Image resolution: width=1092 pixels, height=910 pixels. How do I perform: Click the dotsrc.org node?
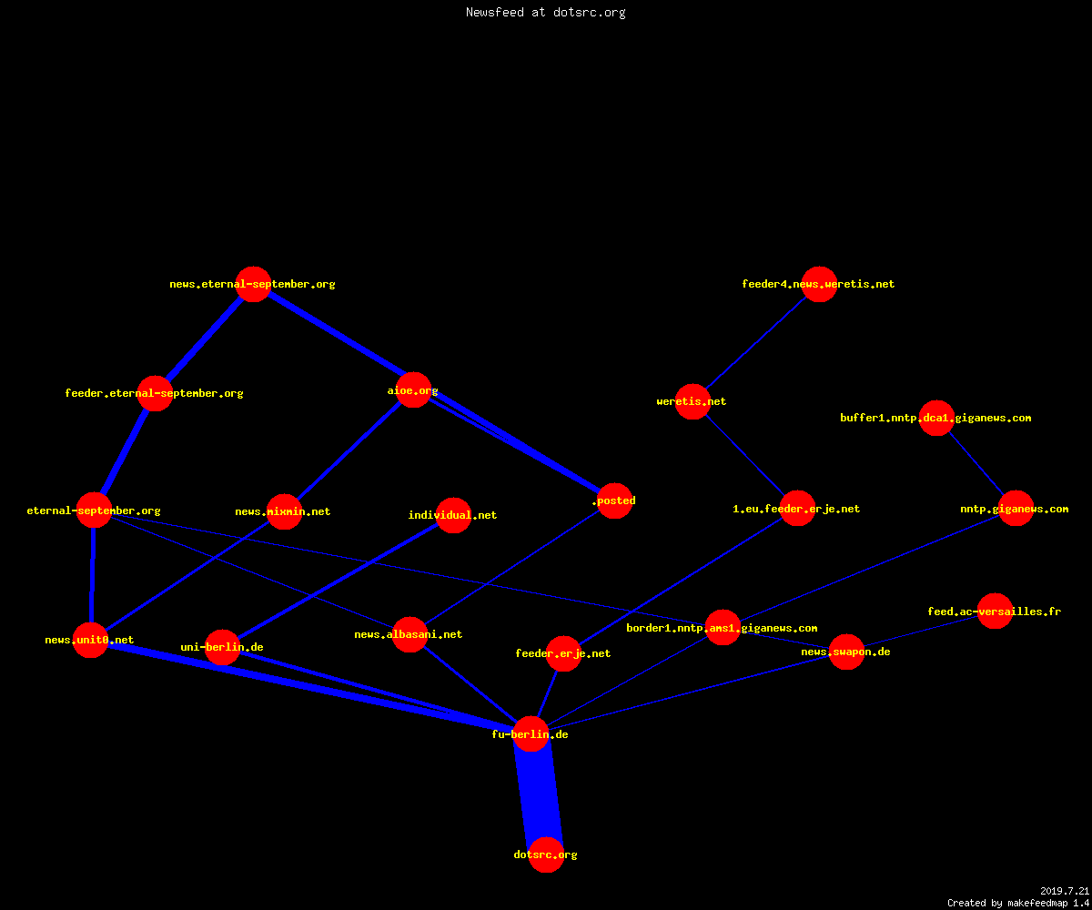click(546, 854)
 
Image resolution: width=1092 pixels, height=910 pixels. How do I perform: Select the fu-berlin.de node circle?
click(531, 733)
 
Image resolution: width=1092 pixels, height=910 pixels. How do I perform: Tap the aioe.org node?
click(413, 390)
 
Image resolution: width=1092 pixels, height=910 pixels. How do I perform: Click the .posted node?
click(614, 500)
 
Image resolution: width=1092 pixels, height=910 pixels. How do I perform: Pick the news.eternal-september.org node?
click(253, 284)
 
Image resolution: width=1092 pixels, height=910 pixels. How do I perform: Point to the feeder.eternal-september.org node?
click(155, 393)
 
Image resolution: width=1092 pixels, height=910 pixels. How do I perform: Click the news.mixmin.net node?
click(284, 511)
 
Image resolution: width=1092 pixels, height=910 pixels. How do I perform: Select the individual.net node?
click(453, 515)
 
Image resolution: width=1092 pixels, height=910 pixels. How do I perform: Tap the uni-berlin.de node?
click(222, 647)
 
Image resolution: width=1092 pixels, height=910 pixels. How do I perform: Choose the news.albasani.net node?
click(409, 634)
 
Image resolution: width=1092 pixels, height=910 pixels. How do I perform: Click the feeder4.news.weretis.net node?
click(819, 284)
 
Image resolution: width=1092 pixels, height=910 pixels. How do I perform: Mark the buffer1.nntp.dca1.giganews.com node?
click(936, 418)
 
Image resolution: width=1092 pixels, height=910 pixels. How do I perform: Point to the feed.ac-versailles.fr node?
click(995, 611)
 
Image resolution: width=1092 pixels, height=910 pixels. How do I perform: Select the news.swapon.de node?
click(846, 652)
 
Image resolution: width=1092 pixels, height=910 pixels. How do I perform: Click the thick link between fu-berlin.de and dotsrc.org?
click(539, 794)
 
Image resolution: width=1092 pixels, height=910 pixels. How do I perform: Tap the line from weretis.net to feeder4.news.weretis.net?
click(756, 342)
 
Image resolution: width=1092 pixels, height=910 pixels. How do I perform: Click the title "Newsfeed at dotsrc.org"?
click(545, 12)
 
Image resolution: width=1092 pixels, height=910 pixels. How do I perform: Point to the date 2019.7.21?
click(1065, 891)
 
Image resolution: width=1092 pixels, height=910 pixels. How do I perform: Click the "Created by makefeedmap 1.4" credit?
click(1017, 903)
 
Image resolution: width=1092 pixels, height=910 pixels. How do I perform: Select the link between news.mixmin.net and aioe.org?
click(349, 450)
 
